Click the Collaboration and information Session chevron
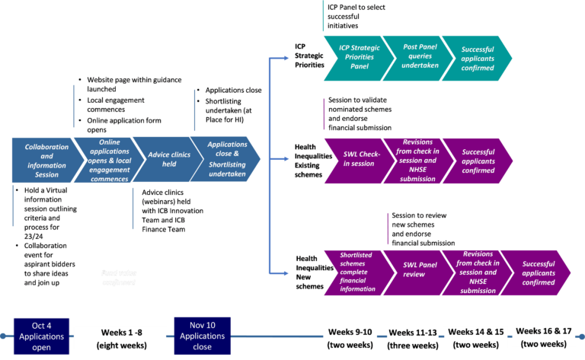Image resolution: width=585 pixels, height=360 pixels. (46, 160)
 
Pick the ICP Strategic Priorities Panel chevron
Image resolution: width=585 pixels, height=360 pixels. (354, 56)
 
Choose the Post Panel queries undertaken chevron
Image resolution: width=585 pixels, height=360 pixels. (411, 56)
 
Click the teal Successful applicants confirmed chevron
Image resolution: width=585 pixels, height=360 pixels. (476, 56)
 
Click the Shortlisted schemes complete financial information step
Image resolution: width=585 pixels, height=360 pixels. (353, 271)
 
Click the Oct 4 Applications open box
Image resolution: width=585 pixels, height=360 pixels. (42, 336)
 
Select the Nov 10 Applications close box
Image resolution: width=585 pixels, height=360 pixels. (202, 336)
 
